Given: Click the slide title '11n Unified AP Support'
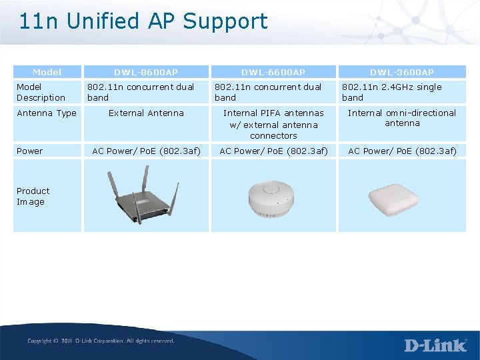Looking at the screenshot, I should pos(143,21).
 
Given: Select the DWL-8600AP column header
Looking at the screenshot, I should pos(145,72).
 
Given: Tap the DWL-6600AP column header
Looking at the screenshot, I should pos(273,72).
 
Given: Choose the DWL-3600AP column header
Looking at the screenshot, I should pos(403,72).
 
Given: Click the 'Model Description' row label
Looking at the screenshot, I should pos(41,92).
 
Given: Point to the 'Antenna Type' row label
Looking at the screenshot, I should pos(47,113).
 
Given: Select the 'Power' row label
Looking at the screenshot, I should pos(30,151).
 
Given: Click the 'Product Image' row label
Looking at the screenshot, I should pos(33,196).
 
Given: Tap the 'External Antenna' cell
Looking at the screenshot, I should pos(146,113).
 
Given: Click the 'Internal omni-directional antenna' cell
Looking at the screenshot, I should pos(402,118).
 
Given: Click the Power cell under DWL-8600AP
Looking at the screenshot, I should pos(146,151).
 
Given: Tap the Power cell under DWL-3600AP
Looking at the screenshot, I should pos(403,151).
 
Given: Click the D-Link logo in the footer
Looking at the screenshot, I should pos(435,345).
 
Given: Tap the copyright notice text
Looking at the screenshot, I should pos(101,341).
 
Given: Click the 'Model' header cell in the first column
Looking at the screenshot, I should pos(47,72).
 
